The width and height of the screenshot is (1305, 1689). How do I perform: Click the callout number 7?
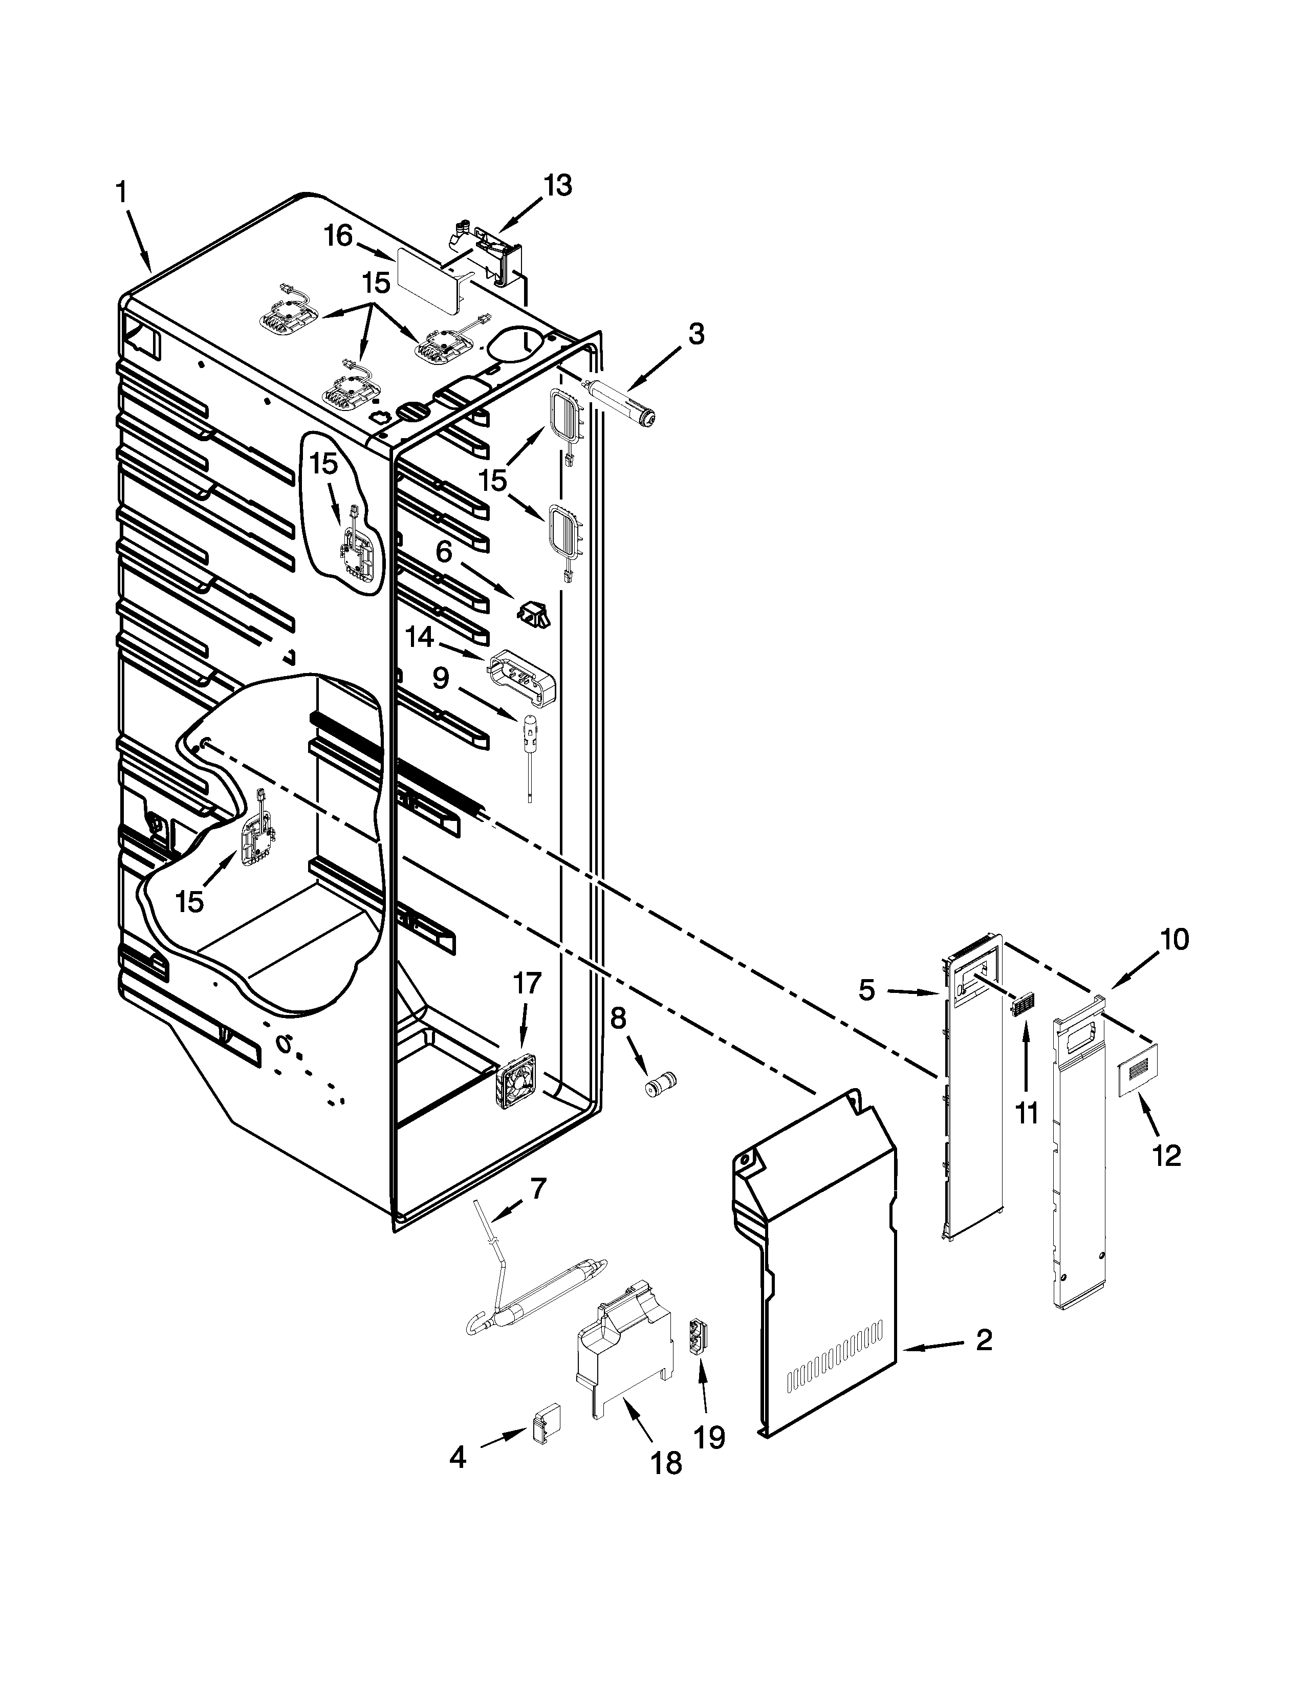click(x=538, y=1187)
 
